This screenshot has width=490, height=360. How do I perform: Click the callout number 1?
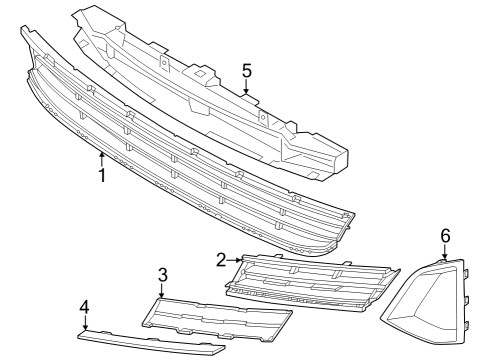pyautogui.click(x=101, y=175)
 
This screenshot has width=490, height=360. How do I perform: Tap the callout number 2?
pyautogui.click(x=221, y=260)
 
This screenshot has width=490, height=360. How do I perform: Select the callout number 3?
pyautogui.click(x=162, y=274)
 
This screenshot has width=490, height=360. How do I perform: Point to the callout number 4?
pyautogui.click(x=85, y=307)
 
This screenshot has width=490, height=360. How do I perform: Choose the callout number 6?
pyautogui.click(x=445, y=235)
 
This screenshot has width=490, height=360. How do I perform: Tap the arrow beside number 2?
pyautogui.click(x=235, y=261)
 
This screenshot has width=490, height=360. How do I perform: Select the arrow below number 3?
pyautogui.click(x=162, y=292)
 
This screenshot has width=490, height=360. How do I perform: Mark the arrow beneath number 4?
pyautogui.click(x=85, y=324)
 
